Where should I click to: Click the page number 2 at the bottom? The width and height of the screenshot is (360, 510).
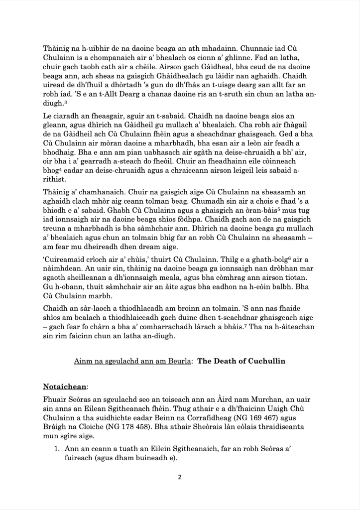coord(179,477)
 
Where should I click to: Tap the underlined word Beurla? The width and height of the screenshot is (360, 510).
coord(176,360)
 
